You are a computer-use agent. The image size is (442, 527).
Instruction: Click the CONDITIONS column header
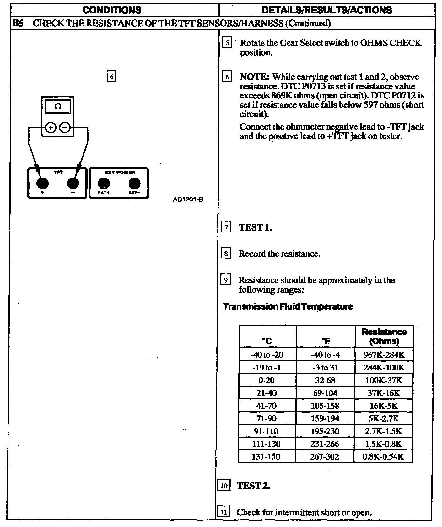click(112, 10)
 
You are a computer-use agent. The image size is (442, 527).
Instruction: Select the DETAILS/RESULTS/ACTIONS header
click(327, 10)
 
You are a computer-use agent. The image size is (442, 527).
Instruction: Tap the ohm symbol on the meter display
click(58, 107)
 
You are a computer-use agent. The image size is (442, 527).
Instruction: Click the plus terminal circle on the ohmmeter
click(51, 128)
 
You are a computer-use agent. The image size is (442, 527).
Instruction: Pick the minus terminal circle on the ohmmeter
click(65, 128)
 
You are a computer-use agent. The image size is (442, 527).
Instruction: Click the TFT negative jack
click(73, 183)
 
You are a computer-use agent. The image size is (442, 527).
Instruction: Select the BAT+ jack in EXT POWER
click(104, 183)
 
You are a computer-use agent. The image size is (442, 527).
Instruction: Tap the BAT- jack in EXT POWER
click(134, 183)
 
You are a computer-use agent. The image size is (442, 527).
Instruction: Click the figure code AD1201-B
click(188, 199)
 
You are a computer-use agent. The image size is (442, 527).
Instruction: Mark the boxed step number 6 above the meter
click(111, 77)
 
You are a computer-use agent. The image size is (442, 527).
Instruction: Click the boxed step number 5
click(227, 43)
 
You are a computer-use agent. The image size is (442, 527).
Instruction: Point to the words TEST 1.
click(255, 227)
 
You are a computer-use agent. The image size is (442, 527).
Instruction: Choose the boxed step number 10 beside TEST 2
click(224, 486)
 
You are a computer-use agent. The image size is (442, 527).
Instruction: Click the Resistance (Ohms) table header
click(384, 337)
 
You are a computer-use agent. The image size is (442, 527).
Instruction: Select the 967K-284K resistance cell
click(384, 355)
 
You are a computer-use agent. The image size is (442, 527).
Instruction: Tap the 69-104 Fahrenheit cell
click(325, 393)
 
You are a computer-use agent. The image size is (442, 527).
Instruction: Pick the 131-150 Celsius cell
click(266, 456)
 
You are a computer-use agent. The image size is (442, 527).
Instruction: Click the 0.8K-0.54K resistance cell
click(383, 456)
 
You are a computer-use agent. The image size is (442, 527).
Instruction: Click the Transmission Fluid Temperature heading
click(288, 306)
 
